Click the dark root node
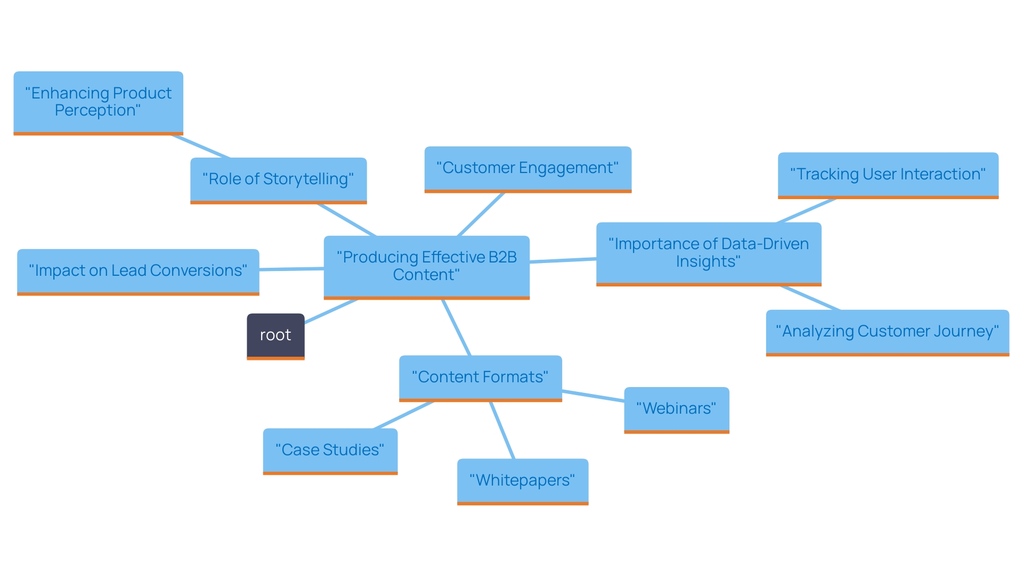275,335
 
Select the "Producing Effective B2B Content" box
426,266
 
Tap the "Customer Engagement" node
527,168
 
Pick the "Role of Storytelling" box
278,179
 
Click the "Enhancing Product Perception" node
98,102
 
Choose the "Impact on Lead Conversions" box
138,271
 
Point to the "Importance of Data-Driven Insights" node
708,253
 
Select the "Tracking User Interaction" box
888,175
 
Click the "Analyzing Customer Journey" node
887,332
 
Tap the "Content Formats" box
480,377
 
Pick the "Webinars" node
676,409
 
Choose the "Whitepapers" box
522,481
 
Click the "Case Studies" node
330,450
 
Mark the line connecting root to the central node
330,311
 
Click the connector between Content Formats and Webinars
593,396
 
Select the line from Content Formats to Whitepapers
502,430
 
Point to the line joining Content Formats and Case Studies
403,415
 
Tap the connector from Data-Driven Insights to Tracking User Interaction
806,211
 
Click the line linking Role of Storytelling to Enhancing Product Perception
200,146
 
